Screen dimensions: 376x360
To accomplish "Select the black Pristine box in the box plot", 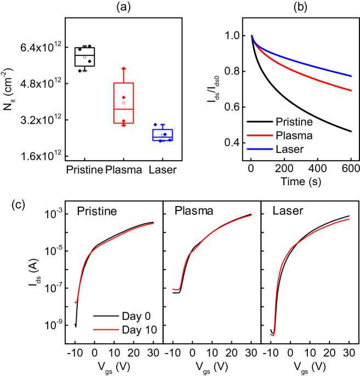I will coord(84,56).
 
